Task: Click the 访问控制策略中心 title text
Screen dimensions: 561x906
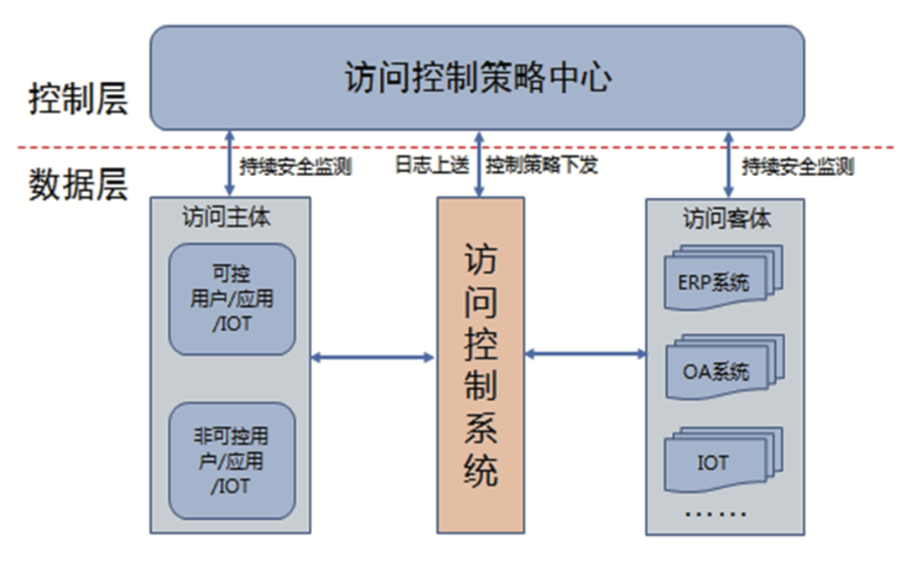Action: [477, 78]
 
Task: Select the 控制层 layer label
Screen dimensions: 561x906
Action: [78, 99]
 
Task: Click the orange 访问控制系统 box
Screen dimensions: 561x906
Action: [481, 365]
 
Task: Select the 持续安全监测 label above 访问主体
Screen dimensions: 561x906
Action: [295, 166]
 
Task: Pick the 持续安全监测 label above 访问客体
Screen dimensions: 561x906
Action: [798, 166]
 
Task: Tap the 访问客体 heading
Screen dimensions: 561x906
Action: [726, 220]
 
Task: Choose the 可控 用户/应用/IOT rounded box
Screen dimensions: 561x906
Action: [232, 299]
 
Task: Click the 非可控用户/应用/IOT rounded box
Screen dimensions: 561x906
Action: [232, 460]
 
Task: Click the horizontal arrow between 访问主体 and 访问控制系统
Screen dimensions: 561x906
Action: [372, 358]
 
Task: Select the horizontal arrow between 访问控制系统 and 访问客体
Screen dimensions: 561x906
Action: [586, 355]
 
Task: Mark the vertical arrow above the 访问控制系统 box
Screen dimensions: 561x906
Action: [478, 164]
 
